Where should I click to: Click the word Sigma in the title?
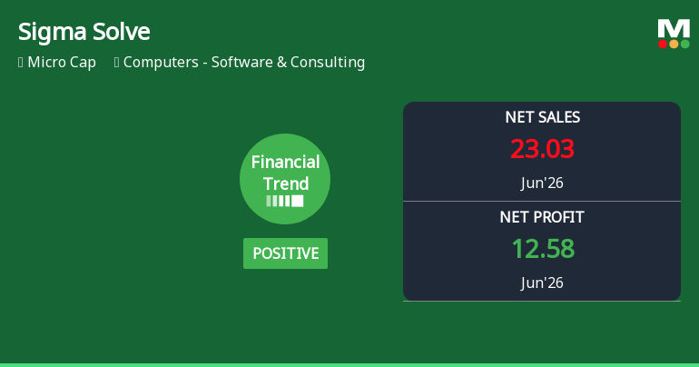click(x=52, y=33)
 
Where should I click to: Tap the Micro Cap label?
click(x=62, y=63)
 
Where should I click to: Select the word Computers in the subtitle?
click(x=161, y=63)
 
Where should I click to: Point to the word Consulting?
click(x=328, y=63)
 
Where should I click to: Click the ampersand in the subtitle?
click(x=281, y=63)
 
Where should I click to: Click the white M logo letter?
click(x=674, y=29)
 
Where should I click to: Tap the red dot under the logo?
click(x=663, y=44)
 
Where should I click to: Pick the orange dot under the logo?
click(x=674, y=44)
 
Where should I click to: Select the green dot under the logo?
click(x=685, y=44)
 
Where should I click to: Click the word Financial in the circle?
click(x=285, y=162)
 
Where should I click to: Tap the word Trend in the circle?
click(x=286, y=183)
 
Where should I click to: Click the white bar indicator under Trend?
click(x=285, y=201)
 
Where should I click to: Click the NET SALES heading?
click(x=543, y=117)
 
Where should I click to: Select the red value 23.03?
click(x=542, y=149)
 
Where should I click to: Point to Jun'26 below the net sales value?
click(x=542, y=183)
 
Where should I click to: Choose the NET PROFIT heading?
click(x=542, y=217)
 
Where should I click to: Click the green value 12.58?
click(x=543, y=249)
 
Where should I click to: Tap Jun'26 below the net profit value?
click(x=542, y=283)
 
